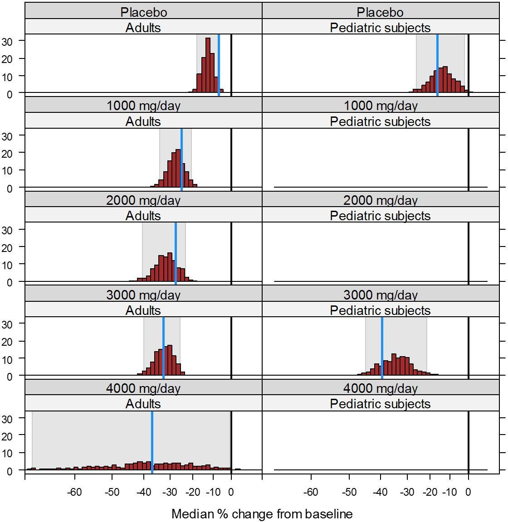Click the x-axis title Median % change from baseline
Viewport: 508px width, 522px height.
[x=262, y=514]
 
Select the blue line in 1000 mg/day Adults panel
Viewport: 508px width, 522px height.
[x=181, y=159]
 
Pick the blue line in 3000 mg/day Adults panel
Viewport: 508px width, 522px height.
[x=163, y=347]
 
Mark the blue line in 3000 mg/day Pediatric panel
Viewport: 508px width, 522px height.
[x=382, y=347]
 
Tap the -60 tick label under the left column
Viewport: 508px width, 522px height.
[x=75, y=492]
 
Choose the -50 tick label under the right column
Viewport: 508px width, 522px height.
[x=349, y=492]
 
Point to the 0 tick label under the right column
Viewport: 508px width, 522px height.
[x=468, y=492]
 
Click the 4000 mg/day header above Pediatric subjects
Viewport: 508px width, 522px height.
[x=381, y=388]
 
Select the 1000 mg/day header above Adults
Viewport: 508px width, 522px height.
[x=143, y=106]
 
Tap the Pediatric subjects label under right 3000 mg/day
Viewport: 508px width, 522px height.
[x=381, y=310]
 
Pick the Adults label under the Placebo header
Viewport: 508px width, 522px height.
[x=143, y=28]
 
